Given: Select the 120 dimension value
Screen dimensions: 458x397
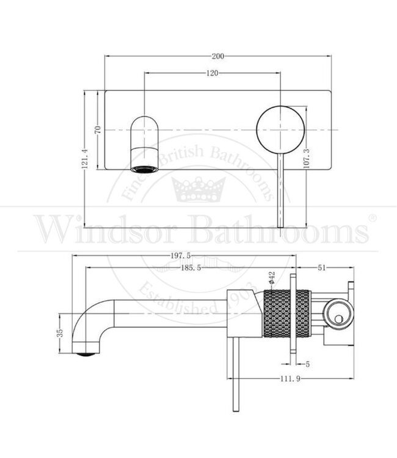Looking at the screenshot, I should [x=212, y=73].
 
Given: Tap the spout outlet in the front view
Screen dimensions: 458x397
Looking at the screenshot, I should [x=144, y=168].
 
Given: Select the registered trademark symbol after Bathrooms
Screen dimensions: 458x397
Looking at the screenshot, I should [x=372, y=218].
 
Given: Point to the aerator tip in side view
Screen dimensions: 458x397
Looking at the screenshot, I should [x=87, y=351].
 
